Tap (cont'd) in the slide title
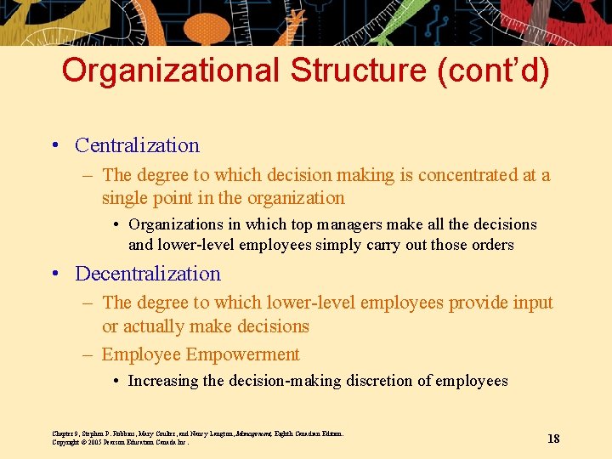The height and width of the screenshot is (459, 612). click(494, 71)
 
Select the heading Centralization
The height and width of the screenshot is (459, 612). click(137, 145)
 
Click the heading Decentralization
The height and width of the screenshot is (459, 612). click(148, 274)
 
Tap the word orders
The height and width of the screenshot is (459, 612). click(492, 245)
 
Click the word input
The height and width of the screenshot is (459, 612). click(532, 303)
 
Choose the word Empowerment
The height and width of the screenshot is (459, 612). click(242, 354)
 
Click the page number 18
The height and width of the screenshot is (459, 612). click(553, 439)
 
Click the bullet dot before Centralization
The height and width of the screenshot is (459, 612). click(54, 146)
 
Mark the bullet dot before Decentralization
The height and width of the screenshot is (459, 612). click(54, 275)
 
